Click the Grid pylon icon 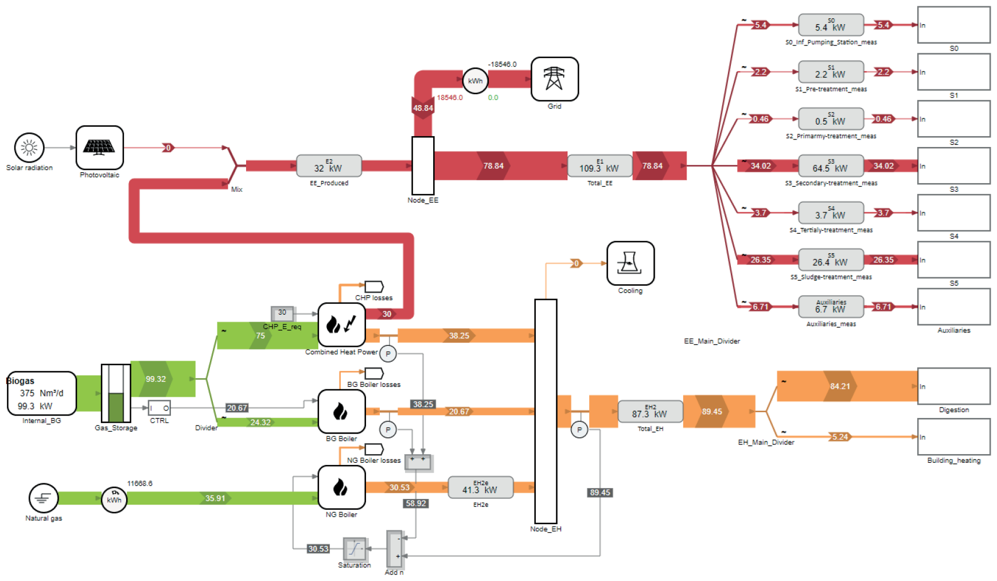[x=554, y=79]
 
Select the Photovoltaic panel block [x=99, y=148]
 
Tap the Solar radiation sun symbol [x=29, y=148]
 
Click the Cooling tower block [x=630, y=263]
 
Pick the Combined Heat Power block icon [x=341, y=324]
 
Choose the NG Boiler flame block [x=341, y=487]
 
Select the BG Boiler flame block [x=341, y=411]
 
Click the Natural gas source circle [x=44, y=498]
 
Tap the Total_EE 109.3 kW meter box [x=599, y=166]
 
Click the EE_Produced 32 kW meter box [x=329, y=166]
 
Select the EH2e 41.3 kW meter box [x=480, y=487]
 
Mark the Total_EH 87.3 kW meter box [x=650, y=411]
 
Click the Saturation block [x=355, y=549]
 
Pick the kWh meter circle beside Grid [x=475, y=81]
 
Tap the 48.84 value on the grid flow [x=423, y=108]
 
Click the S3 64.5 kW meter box [x=830, y=166]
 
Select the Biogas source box [x=41, y=393]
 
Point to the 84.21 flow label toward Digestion [x=840, y=386]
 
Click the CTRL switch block [x=159, y=408]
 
